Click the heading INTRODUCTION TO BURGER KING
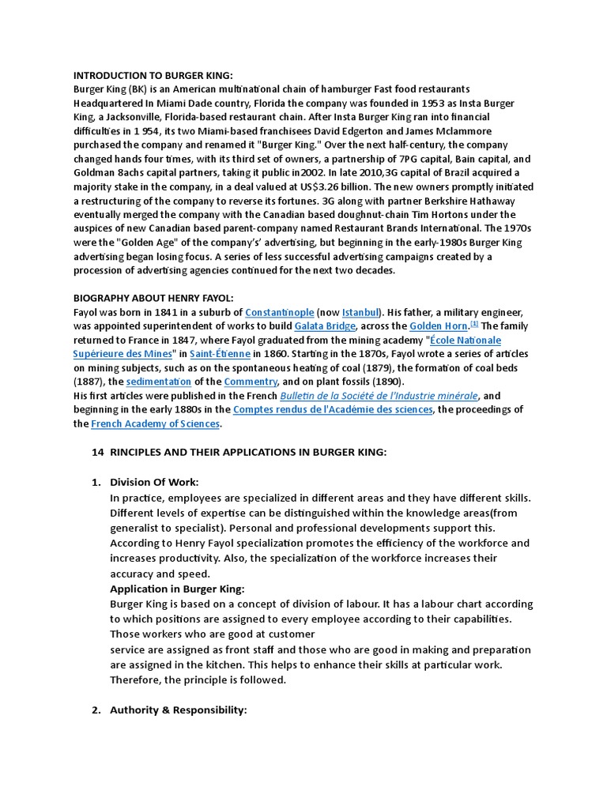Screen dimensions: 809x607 point(153,75)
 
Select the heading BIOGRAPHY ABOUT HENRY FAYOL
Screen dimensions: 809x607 point(153,298)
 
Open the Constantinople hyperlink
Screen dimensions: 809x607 point(280,312)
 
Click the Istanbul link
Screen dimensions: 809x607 point(360,312)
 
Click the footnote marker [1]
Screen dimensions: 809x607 point(474,324)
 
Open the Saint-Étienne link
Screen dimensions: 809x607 point(221,354)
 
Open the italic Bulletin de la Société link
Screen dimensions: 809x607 point(379,396)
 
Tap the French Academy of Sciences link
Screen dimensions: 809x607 point(156,424)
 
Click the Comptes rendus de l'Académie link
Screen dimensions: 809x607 point(334,410)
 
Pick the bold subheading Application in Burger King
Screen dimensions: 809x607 point(177,589)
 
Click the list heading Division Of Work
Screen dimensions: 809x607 point(154,482)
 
